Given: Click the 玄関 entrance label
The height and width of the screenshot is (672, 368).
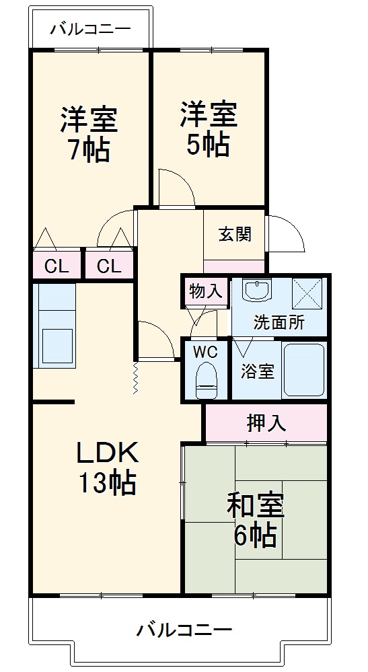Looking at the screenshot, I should coord(235,234).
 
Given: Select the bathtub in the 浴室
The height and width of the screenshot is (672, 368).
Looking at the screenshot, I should coord(303,370).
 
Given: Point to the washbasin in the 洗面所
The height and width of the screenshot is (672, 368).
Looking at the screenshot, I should coord(256,291).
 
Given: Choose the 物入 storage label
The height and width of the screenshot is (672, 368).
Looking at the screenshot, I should coord(205,291).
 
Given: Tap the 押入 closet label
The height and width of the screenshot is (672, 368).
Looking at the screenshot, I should coord(266,423).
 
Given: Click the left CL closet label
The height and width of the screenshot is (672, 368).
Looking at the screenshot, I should coord(57,266).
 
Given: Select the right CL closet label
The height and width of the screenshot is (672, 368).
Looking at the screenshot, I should coord(109,266).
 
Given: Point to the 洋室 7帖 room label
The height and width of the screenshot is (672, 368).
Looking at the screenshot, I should coord(89,133).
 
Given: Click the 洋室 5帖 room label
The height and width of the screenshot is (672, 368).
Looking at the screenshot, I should coord(208,128).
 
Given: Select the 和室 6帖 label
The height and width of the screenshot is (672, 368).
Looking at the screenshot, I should coord(255,519).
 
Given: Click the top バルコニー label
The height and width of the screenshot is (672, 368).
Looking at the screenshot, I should coord(89,30).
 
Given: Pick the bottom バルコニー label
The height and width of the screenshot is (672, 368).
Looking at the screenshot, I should coord(184,630).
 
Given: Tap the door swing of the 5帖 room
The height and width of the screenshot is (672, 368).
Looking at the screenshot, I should coord(175,186).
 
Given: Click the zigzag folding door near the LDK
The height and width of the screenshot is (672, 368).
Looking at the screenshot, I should coord(135,379).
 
